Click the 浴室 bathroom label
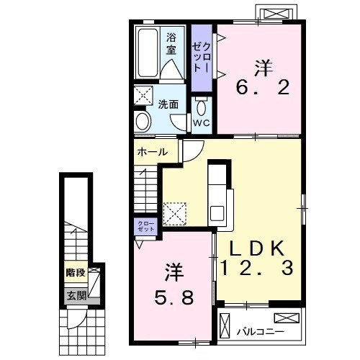(171, 44)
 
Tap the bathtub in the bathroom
(147, 53)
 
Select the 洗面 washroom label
(168, 104)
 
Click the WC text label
(202, 123)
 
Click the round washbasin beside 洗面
(143, 121)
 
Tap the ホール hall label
(153, 152)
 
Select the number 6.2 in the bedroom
(263, 88)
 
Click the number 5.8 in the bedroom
(174, 297)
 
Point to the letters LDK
(258, 248)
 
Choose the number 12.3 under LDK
(256, 268)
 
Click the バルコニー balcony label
(261, 332)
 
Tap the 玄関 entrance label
(76, 295)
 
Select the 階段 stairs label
(76, 273)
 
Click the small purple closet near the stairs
(145, 227)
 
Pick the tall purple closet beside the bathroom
(202, 58)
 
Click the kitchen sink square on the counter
(217, 213)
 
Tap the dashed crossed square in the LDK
(175, 214)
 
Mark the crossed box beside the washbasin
(143, 95)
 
